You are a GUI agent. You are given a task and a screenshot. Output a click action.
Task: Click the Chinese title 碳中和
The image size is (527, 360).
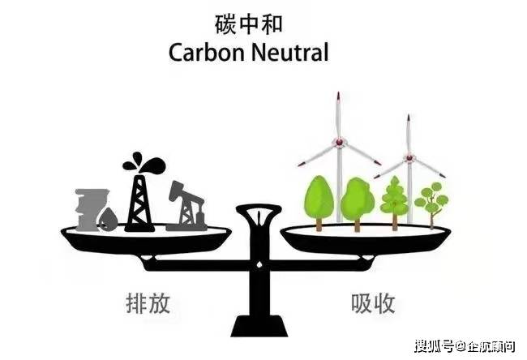[x=248, y=24]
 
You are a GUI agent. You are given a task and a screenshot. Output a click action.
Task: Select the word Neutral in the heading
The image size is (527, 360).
[x=289, y=53]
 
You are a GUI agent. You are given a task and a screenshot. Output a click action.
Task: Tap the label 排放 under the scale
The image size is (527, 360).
[x=148, y=303]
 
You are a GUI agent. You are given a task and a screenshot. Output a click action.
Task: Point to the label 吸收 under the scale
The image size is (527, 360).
[x=373, y=303]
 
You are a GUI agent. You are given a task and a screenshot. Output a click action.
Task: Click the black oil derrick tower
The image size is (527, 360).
[x=139, y=204]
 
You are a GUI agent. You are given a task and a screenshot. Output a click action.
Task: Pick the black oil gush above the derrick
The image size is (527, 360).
[x=144, y=163]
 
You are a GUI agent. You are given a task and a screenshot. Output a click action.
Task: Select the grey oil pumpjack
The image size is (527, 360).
[x=186, y=206]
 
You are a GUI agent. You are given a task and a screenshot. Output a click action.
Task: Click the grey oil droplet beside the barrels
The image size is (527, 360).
[x=108, y=220]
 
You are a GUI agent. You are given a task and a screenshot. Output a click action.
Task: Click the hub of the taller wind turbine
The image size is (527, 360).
[x=340, y=142]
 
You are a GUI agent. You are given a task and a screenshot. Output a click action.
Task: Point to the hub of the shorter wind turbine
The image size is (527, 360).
[x=409, y=157]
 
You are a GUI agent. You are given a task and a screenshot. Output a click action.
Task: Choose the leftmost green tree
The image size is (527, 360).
[x=319, y=203]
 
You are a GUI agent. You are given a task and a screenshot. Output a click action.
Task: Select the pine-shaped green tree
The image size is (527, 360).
[x=395, y=203]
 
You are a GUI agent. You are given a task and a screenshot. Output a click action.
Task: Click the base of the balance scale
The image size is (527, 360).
[x=259, y=326]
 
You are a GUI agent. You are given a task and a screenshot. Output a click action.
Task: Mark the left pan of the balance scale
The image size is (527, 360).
[x=146, y=240]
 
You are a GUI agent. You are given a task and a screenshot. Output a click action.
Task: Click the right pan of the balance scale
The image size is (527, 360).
[x=366, y=240]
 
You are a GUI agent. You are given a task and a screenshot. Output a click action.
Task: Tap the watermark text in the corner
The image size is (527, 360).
[x=465, y=346]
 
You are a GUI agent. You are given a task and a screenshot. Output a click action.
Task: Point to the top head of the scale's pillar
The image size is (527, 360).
[x=259, y=211]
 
